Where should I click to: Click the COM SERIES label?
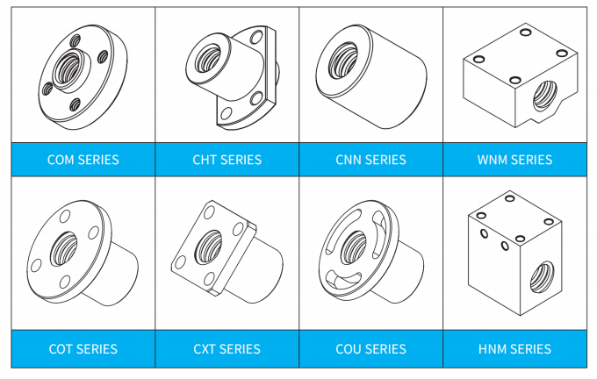[83, 160]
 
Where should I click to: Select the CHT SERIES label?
[227, 160]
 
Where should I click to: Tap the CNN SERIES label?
[370, 160]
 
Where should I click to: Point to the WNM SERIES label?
[514, 160]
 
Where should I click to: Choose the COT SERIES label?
[83, 349]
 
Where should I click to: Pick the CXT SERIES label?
[227, 349]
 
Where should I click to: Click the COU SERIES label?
[370, 349]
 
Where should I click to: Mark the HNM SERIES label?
[514, 349]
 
